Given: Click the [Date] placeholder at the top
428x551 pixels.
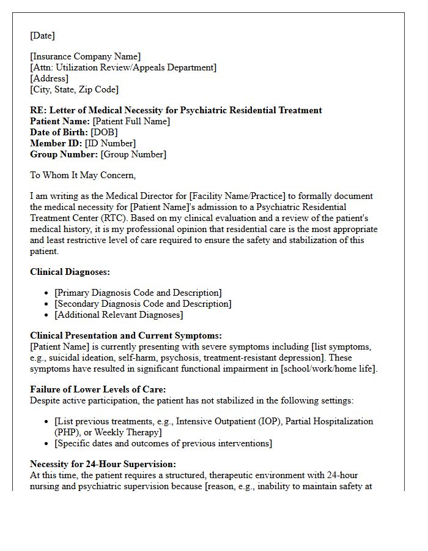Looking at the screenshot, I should click(x=42, y=36).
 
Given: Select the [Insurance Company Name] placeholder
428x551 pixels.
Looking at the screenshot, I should click(x=86, y=57).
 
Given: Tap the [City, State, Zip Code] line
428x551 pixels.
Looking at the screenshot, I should click(x=74, y=89).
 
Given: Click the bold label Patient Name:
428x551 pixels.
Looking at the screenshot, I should click(x=60, y=121).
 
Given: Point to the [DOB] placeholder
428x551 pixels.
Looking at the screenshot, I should click(x=104, y=132).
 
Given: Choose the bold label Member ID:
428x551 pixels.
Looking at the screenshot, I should click(x=56, y=143).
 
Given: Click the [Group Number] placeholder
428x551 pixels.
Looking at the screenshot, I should click(x=133, y=154).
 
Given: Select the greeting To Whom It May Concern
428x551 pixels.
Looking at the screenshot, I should click(x=83, y=175).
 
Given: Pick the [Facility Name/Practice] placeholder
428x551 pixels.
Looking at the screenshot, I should click(x=237, y=197).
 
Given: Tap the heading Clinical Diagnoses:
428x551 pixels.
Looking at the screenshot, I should click(x=70, y=272).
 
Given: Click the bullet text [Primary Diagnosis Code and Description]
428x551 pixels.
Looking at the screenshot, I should click(x=138, y=293).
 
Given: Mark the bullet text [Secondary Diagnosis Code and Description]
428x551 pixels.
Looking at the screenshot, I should click(x=142, y=304).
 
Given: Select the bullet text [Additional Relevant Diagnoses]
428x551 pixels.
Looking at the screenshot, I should click(x=119, y=315).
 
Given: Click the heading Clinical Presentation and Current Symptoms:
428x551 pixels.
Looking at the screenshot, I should click(x=126, y=335).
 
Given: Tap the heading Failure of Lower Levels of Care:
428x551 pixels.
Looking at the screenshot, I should click(x=98, y=389).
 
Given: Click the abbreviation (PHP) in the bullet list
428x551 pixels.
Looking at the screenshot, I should click(x=66, y=432).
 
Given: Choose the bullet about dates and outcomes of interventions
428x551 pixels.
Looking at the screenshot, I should click(x=163, y=443).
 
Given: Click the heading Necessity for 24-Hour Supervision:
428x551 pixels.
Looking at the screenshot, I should click(x=103, y=464).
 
